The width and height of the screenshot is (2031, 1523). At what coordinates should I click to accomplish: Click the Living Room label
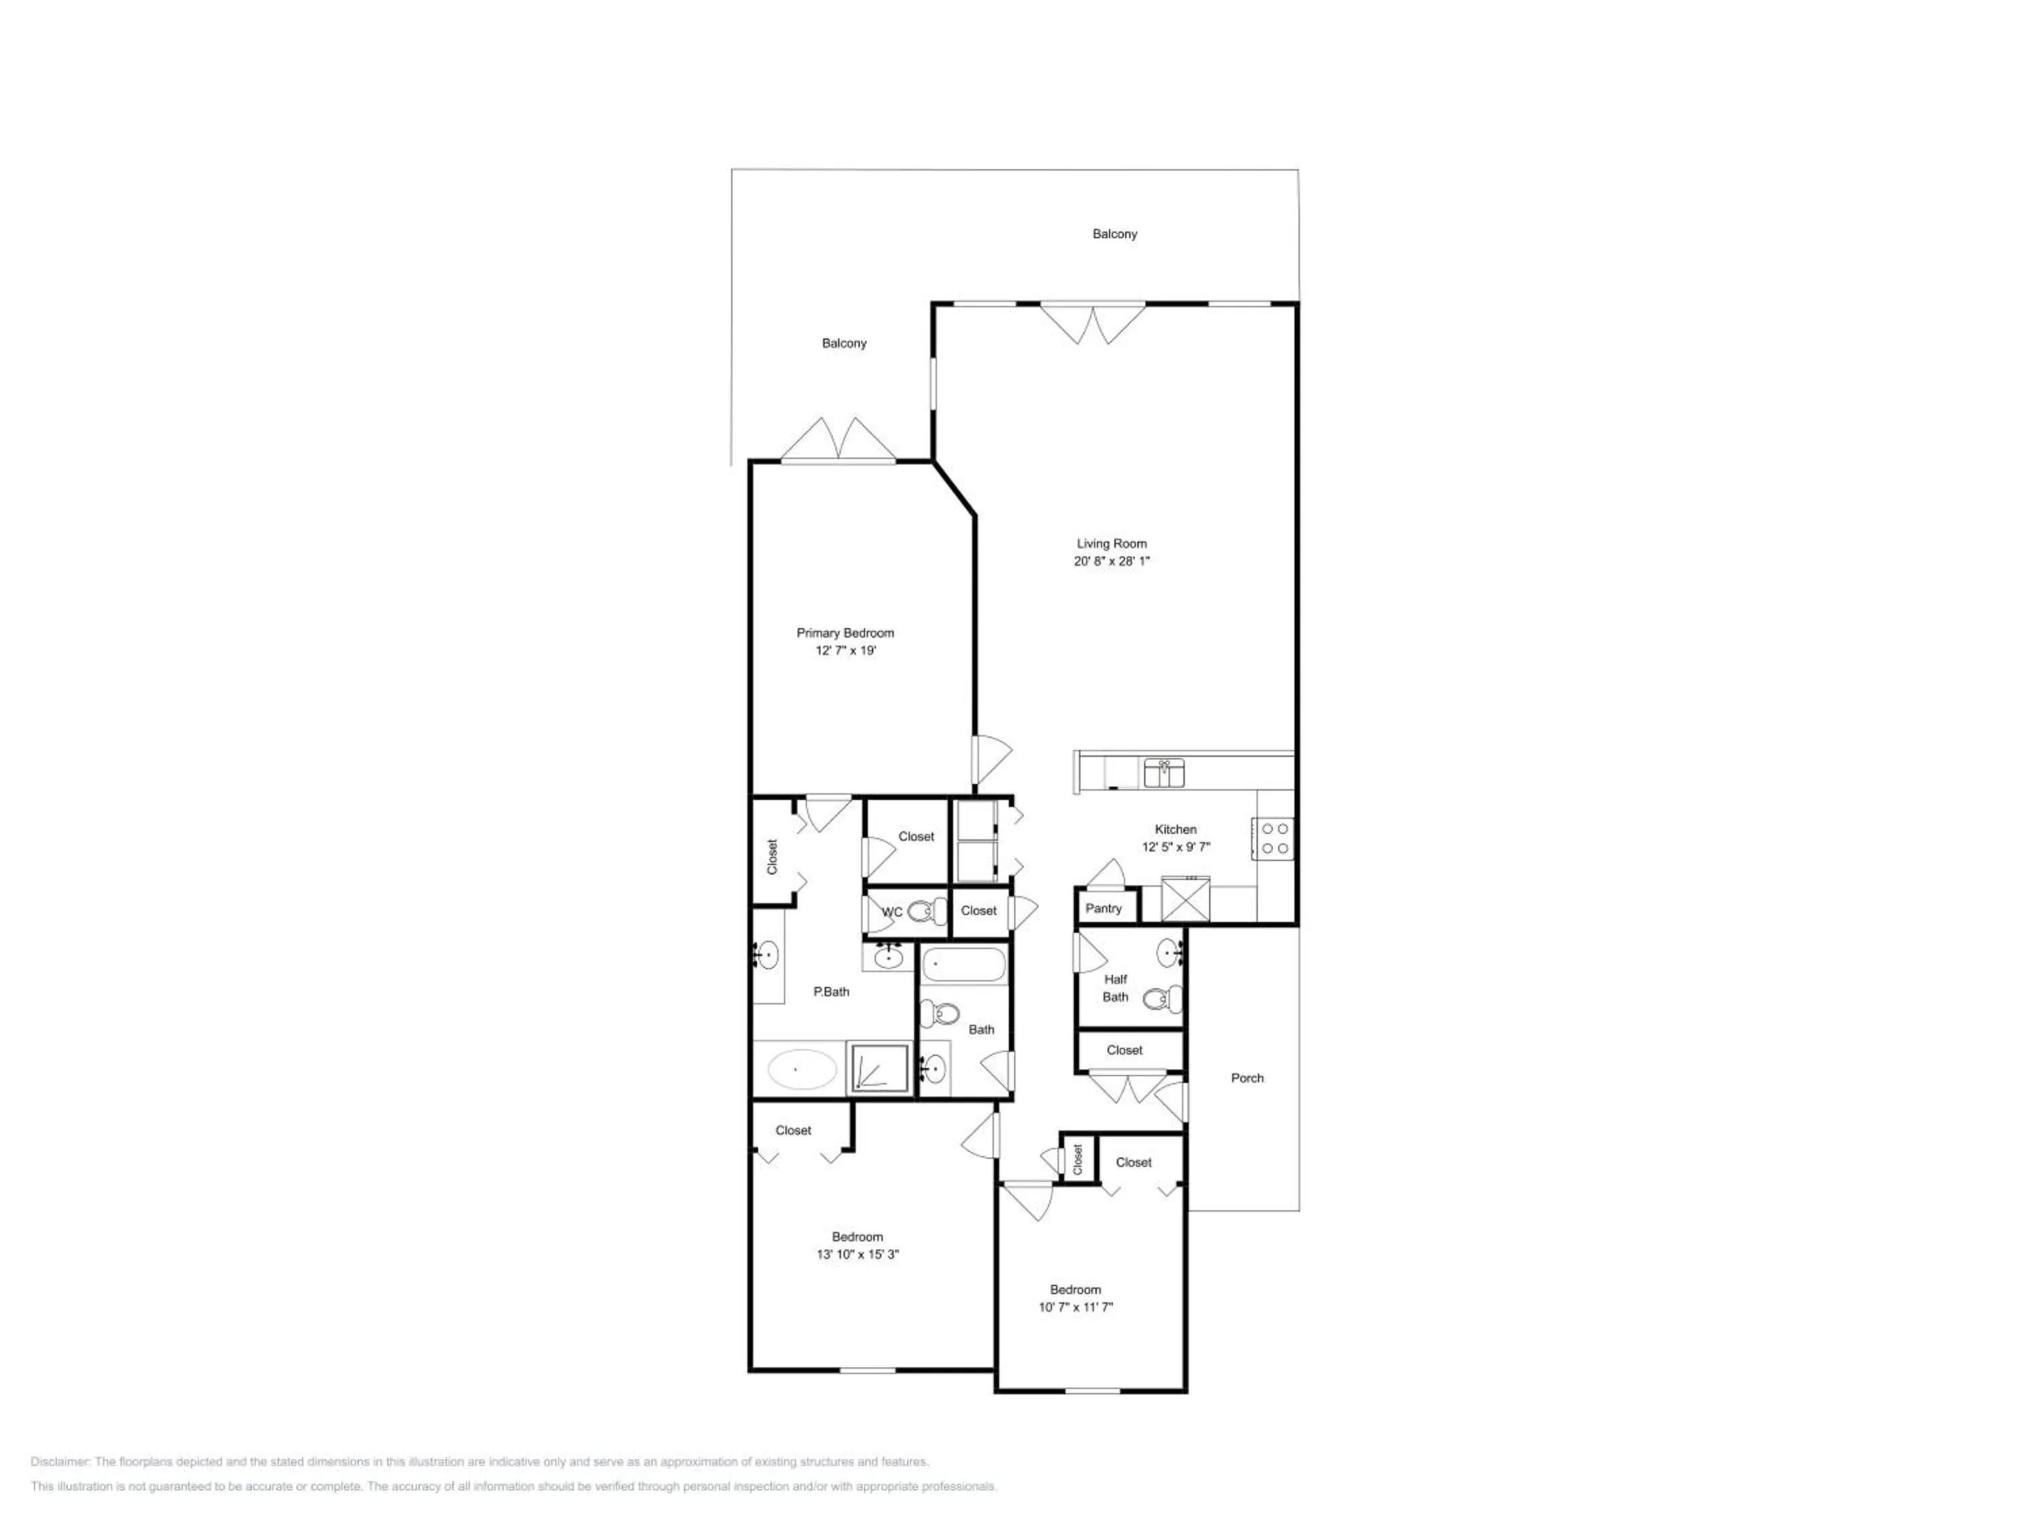point(1111,544)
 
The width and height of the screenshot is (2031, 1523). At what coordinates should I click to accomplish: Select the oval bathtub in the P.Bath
point(802,1069)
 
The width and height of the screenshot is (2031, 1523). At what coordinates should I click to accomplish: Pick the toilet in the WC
point(927,912)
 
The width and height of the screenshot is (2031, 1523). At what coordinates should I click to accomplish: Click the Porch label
point(1247,1078)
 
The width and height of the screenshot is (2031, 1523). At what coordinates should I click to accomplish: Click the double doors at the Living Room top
point(1093,323)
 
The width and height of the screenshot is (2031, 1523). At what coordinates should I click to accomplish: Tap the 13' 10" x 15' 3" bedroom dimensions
point(858,1254)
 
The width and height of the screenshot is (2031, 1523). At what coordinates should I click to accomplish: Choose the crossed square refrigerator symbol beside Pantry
point(1185,899)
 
